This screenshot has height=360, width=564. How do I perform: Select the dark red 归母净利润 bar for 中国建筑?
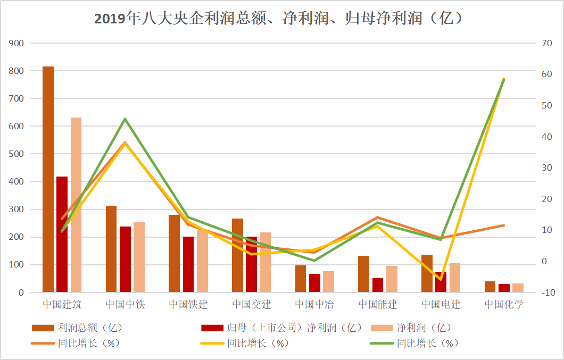62,234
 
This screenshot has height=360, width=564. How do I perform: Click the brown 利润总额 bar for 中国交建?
237,255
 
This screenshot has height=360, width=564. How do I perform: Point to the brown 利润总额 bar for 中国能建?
363,274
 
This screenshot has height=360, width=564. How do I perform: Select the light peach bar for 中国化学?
518,288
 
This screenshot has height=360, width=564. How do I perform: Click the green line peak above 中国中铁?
125,119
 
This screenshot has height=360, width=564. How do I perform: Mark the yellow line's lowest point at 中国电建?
441,279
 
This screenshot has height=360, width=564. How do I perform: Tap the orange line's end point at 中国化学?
503,225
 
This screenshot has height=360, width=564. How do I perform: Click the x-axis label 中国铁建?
188,305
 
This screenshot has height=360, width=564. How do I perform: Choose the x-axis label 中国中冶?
314,305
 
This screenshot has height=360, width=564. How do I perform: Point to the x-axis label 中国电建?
441,305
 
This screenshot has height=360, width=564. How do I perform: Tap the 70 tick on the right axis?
547,43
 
